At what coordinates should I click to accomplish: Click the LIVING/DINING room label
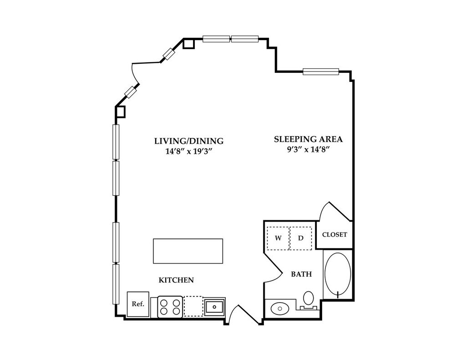(188, 141)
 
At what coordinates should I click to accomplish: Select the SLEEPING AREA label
(308, 139)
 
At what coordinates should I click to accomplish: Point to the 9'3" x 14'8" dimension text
(308, 150)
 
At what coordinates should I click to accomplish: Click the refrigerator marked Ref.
(138, 304)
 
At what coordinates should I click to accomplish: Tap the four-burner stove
(170, 306)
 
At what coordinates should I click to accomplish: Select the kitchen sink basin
(214, 307)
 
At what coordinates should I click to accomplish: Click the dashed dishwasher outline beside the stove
(193, 306)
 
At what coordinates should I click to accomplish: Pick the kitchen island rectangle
(188, 251)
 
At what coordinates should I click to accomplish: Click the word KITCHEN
(176, 280)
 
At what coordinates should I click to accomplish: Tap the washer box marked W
(278, 238)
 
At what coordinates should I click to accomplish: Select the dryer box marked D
(301, 238)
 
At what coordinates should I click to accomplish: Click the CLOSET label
(334, 235)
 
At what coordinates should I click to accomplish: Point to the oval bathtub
(338, 275)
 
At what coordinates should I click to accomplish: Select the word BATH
(301, 274)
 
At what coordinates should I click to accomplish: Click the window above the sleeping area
(321, 71)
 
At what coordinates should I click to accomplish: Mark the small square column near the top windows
(189, 43)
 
